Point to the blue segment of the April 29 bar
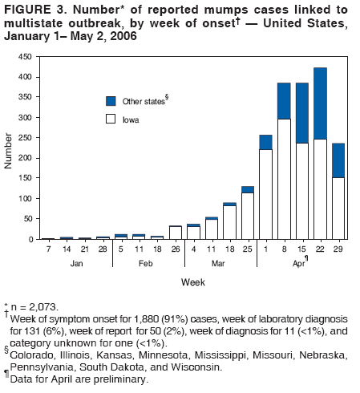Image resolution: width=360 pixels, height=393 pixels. click(338, 160)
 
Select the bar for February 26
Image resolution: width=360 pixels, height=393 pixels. click(176, 233)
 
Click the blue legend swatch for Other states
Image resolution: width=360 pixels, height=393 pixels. click(111, 101)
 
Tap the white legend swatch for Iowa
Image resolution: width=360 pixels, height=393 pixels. click(111, 119)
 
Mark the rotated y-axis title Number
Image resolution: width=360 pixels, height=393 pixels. click(9, 150)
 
